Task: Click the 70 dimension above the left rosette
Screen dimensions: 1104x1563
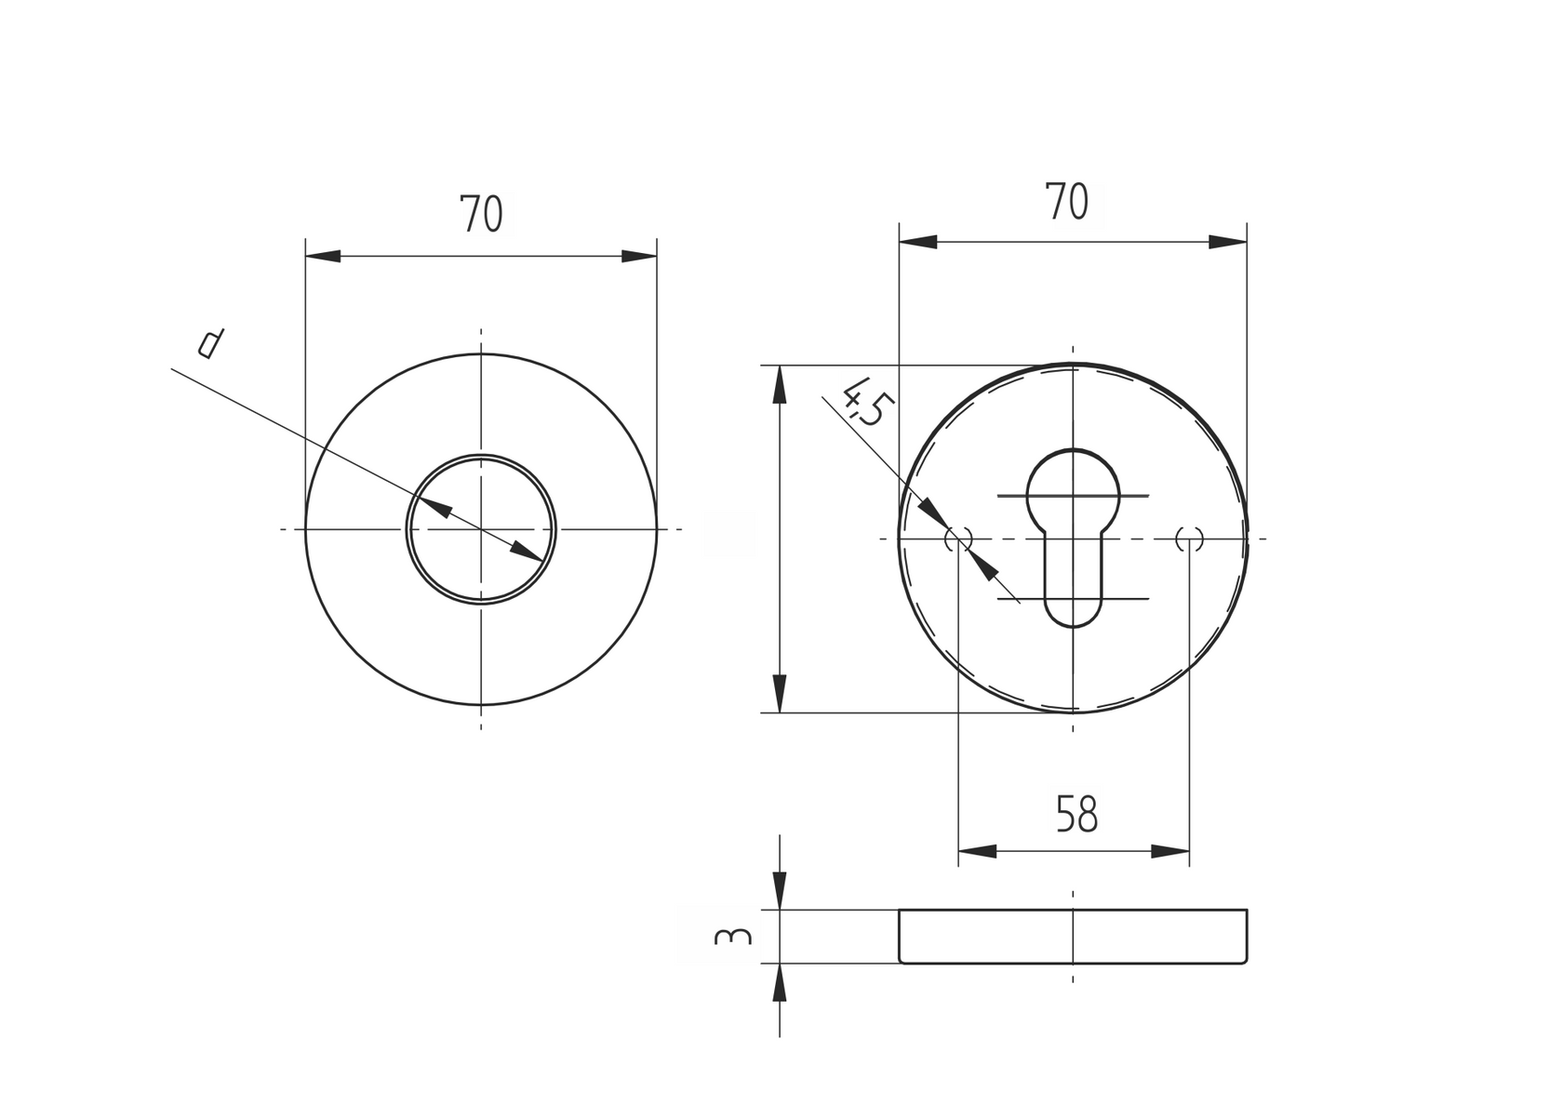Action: pos(481,215)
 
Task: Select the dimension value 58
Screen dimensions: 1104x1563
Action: pos(1077,815)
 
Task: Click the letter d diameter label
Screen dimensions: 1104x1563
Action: pos(211,343)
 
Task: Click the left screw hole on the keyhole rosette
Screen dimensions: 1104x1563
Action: pos(958,539)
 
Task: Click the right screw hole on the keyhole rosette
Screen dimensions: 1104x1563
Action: pos(1189,539)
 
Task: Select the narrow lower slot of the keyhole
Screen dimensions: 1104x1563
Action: pos(1073,586)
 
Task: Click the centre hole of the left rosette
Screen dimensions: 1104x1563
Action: pos(481,529)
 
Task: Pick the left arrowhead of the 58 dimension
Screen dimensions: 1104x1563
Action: pos(977,851)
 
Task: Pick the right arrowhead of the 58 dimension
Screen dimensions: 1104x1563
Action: pos(1170,851)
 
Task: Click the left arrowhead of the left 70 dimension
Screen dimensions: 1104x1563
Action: pos(324,256)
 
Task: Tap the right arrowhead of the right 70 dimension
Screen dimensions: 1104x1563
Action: pos(1228,242)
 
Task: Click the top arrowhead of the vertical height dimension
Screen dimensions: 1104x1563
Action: pos(780,384)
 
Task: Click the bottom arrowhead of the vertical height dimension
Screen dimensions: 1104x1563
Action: pos(780,694)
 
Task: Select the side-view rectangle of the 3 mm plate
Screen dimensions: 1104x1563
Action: pos(1073,937)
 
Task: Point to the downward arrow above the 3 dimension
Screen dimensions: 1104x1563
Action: pos(780,891)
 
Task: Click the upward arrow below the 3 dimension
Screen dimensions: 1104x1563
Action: pos(780,982)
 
